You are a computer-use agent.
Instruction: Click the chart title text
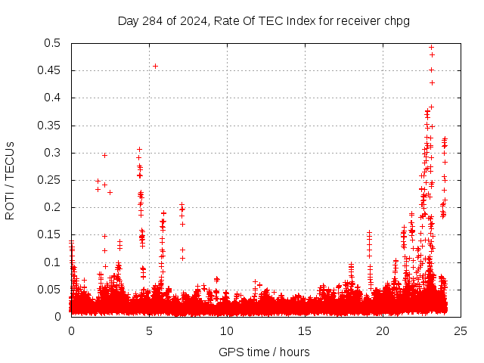263,20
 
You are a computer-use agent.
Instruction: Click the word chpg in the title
396,20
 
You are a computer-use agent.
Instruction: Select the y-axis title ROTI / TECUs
11,180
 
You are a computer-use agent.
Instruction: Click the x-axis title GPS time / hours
263,352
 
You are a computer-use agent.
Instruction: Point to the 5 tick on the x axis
149,330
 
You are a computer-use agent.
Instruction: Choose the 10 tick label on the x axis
227,330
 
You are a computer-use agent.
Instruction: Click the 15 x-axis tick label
305,330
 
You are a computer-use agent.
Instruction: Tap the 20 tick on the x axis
383,330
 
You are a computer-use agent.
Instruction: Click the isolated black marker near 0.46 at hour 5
155,66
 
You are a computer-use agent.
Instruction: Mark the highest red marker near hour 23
431,47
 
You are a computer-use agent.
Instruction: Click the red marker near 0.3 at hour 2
104,155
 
